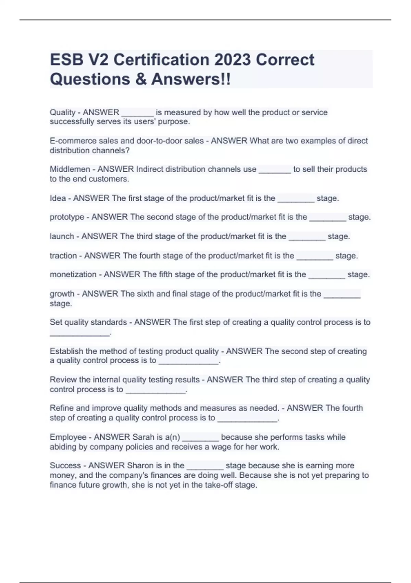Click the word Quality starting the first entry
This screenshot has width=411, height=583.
tap(62, 112)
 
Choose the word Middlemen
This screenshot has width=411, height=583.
tap(70, 169)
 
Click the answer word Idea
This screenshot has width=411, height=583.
tap(58, 198)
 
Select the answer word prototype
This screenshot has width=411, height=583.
tap(67, 217)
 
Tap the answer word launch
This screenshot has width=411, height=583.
tap(62, 236)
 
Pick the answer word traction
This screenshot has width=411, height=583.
tap(63, 256)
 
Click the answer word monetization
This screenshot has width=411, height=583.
tap(73, 274)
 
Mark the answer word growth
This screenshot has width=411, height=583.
tap(62, 294)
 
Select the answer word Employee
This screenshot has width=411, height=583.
tap(68, 437)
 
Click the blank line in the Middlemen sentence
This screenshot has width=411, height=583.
tap(275, 171)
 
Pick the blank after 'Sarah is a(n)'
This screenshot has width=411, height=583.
tap(200, 439)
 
